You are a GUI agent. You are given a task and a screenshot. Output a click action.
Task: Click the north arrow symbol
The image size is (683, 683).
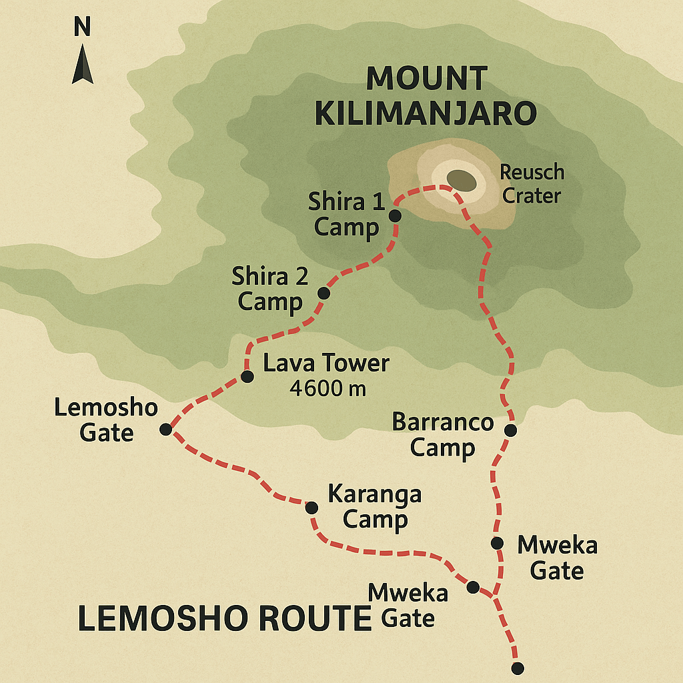pos(83,64)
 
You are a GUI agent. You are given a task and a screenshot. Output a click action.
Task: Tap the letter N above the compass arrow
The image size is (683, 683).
pos(82,27)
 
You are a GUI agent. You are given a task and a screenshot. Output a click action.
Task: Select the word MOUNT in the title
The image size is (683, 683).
pos(426,78)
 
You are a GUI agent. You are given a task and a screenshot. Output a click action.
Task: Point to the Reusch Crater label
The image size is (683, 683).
pos(532,183)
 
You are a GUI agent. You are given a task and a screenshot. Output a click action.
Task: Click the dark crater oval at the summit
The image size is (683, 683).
pos(462,179)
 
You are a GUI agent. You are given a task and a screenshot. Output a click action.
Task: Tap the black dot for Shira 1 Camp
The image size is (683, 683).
pos(394,215)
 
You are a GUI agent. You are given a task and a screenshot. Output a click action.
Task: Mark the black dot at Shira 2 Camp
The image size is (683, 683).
pos(323,293)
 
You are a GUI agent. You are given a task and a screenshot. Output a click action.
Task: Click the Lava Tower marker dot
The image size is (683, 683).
pos(247,377)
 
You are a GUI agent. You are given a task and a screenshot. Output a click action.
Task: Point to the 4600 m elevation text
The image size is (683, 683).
pos(327,388)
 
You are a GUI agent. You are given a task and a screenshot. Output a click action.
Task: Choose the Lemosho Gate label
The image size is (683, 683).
pos(106,420)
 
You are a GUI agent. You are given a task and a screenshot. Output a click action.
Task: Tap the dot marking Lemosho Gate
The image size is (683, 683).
pos(165,430)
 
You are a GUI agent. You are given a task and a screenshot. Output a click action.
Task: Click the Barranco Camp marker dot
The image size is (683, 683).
pos(510,430)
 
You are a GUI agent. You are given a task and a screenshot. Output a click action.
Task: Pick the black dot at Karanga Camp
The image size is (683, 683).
pos(311,508)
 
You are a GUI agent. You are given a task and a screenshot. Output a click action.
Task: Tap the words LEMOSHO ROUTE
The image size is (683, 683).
pos(224,618)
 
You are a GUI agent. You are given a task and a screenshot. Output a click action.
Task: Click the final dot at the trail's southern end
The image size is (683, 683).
pos(517,668)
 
